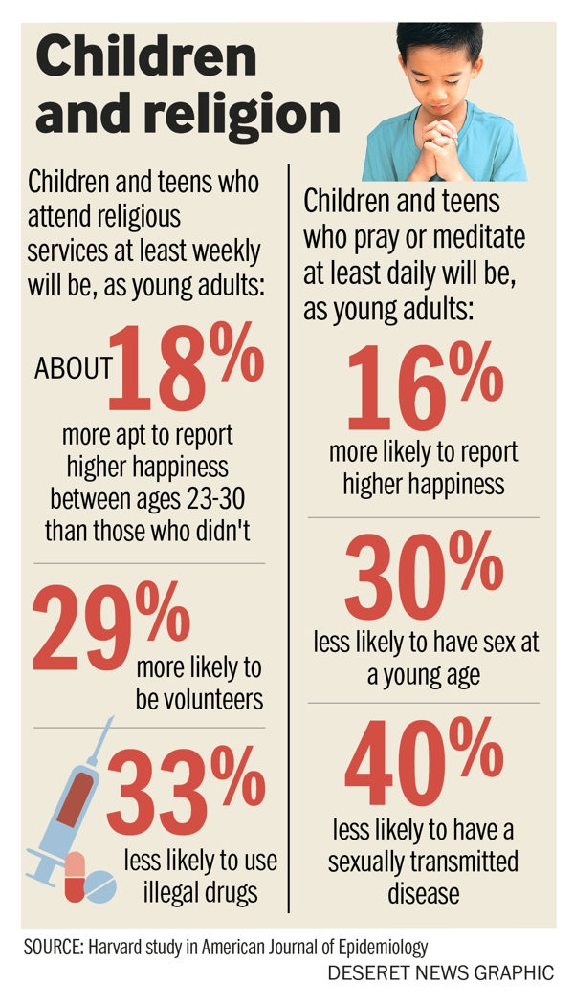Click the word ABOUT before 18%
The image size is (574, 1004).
point(74,369)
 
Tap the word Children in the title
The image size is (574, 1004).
point(146,59)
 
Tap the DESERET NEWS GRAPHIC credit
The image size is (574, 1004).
point(440,973)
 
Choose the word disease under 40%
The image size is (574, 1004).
point(423,894)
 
